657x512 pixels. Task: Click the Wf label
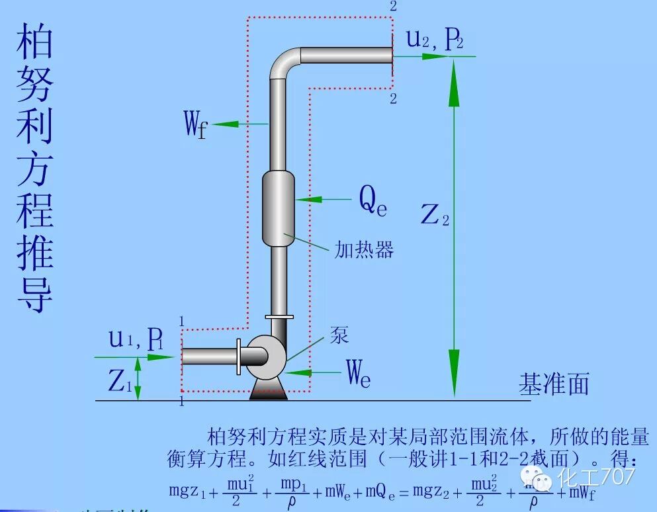click(x=195, y=124)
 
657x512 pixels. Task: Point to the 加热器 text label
click(x=364, y=249)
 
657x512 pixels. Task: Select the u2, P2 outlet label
click(x=434, y=41)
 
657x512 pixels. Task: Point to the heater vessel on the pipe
click(x=278, y=208)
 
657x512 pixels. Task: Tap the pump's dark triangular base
click(x=267, y=390)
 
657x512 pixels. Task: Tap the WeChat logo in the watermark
click(x=539, y=476)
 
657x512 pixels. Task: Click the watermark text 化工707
click(x=597, y=476)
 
